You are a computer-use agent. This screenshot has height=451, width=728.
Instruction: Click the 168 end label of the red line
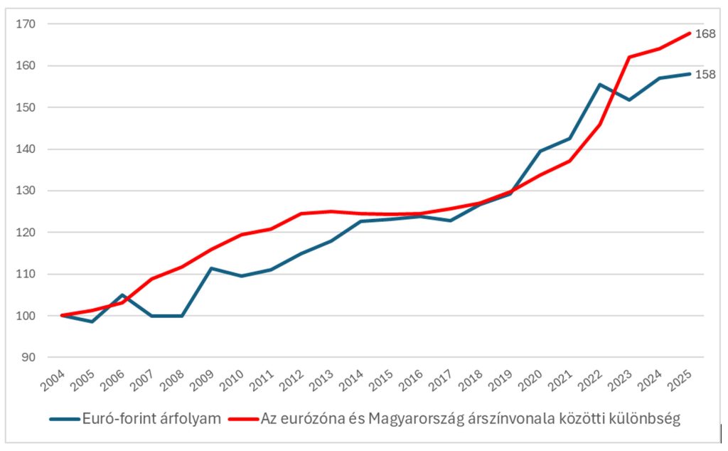tap(705, 33)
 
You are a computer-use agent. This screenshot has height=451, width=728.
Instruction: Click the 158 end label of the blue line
tap(705, 74)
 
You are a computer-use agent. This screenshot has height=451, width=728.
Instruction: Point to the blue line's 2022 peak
tap(600, 85)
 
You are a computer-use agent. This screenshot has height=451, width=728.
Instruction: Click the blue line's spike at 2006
tap(122, 295)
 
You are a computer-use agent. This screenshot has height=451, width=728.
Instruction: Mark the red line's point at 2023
tap(630, 57)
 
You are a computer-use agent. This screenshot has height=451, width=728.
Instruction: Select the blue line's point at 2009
tap(212, 268)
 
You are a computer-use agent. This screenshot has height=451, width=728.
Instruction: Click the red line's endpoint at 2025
tap(689, 33)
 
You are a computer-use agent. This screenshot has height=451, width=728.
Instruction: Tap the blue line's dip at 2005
tap(92, 322)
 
